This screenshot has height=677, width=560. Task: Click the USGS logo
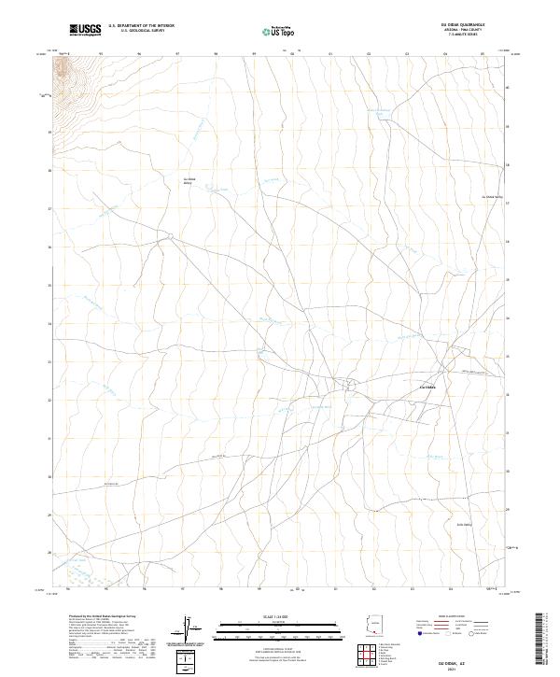coord(85,30)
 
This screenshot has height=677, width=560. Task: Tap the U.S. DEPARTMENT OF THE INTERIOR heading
coord(141,26)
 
